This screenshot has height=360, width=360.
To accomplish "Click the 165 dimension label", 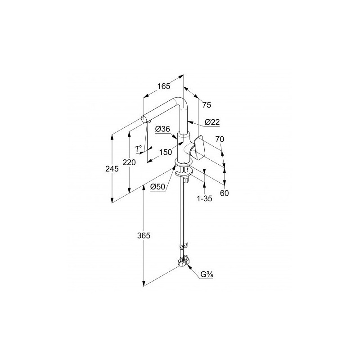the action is (164, 86).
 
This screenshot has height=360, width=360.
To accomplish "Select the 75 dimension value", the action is (207, 105).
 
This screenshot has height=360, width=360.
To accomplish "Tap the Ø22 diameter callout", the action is (212, 122).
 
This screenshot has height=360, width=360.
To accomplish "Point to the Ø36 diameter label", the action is (162, 129).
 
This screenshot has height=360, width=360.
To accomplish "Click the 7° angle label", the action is (139, 148).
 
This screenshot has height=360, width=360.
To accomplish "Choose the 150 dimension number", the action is (166, 152).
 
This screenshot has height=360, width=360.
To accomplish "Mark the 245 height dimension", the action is (112, 169).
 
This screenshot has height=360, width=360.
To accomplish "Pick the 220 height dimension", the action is (129, 162).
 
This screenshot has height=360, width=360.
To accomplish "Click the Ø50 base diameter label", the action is (158, 187).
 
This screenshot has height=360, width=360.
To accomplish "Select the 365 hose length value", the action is (144, 235).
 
